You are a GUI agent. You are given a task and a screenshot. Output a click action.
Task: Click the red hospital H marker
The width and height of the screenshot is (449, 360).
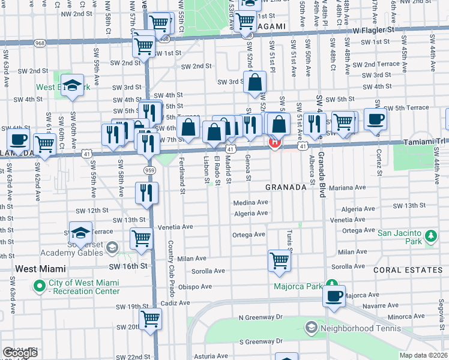pos(275,143)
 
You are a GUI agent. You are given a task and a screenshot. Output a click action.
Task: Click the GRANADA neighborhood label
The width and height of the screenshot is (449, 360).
pos(286,187)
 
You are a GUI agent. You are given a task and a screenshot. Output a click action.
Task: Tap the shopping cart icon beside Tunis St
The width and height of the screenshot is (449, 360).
pos(279,260)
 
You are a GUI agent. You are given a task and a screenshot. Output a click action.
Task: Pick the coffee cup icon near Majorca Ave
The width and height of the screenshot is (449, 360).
pos(334,295)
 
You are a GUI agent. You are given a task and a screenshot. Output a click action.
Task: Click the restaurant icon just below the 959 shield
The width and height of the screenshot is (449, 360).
pos(146,193)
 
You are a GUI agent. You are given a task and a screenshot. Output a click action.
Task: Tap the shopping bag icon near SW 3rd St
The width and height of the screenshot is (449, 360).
pos(255,82)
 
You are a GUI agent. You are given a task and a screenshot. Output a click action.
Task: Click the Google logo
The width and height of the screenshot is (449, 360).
pos(20,353)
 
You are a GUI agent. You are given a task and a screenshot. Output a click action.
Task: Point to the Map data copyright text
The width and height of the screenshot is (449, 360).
pos(424,355)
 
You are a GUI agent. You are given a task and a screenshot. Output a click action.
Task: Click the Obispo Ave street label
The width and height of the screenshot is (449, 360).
pos(193,286)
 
